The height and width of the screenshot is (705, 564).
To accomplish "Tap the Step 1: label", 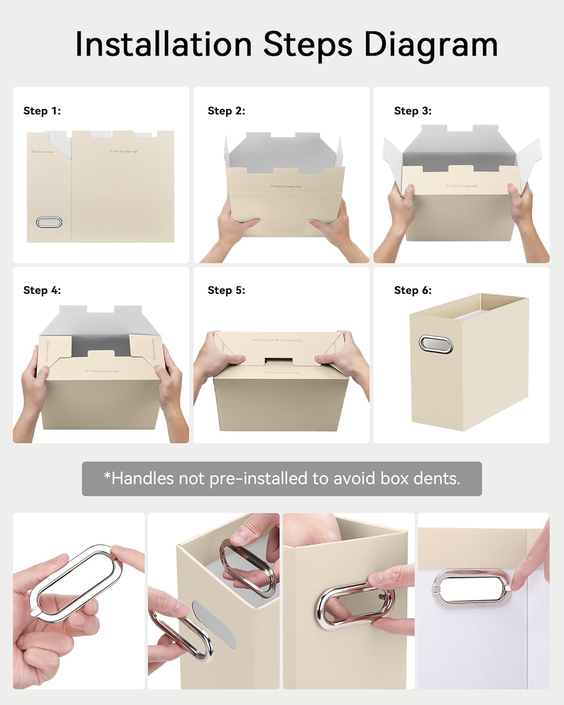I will pos(42,111).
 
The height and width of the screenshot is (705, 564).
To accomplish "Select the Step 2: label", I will pos(227,111).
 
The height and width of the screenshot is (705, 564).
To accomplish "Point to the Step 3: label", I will pos(413,111).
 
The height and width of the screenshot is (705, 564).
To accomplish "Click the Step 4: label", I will pos(42,290).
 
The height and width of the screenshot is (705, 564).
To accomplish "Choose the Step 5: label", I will pos(227,290).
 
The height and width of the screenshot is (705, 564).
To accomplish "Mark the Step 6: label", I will pos(413,290).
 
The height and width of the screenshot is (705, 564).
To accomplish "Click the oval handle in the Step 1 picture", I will pos(49,222).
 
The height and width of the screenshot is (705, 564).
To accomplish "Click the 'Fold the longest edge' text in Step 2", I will pos(286,187).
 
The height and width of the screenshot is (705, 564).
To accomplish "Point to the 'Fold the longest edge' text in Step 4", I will pos(102,371).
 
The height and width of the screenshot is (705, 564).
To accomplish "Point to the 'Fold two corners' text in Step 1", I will pos(43,152).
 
